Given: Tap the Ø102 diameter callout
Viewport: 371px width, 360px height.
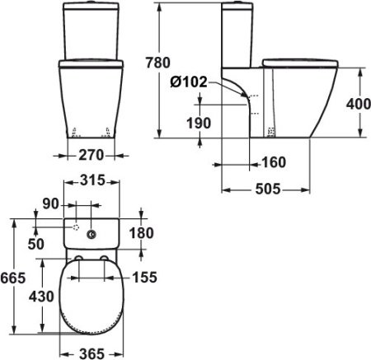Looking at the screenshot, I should [187, 82].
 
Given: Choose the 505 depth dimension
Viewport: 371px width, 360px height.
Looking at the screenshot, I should [265, 189].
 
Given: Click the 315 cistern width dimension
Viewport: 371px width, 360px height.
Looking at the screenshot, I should [92, 181].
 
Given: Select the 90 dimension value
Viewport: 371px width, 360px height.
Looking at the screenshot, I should [49, 203].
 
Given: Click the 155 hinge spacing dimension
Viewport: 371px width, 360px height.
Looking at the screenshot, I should [143, 278].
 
